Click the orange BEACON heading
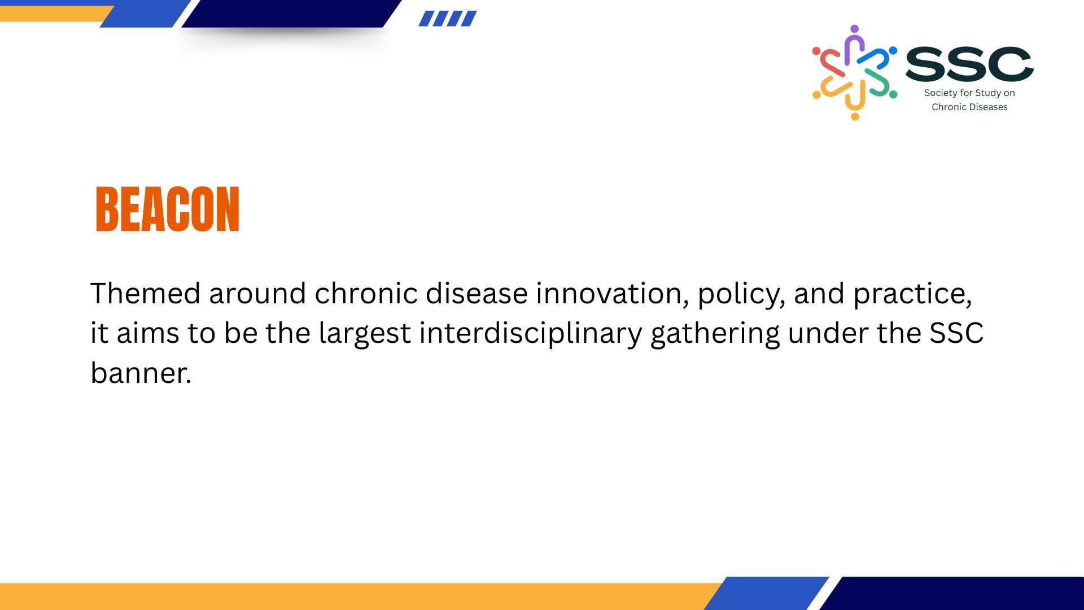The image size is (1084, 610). point(168,209)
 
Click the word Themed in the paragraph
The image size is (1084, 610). point(146,293)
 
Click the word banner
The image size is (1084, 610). point(141,373)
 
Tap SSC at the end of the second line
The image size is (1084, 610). point(956,333)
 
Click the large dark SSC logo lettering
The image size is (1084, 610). point(969,64)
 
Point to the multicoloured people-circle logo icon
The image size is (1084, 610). point(854,72)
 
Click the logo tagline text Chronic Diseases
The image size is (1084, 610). point(969,107)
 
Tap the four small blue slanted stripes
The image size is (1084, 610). point(448,19)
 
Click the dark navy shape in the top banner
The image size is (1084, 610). point(291,14)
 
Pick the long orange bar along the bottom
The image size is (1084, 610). point(361,596)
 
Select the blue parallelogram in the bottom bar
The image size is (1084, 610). point(766,593)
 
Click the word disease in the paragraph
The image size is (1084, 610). point(477,293)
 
